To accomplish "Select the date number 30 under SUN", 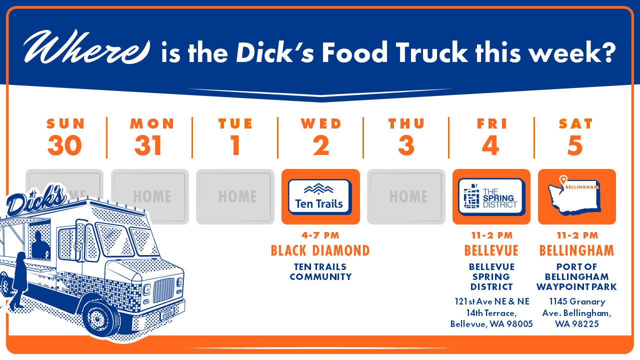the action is click(65, 145).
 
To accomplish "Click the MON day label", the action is click(152, 123).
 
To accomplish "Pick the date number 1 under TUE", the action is click(235, 145).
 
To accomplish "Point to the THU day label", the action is click(406, 123).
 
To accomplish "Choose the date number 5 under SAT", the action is click(575, 145).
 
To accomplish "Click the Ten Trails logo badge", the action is click(320, 197).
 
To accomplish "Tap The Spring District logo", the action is click(491, 197).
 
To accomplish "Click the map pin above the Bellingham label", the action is click(563, 180).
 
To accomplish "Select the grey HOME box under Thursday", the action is click(406, 196).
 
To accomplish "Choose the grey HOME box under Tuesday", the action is click(235, 196).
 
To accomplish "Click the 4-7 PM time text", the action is click(320, 235).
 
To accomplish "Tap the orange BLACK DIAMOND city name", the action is click(320, 250).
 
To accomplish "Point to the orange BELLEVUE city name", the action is click(491, 250).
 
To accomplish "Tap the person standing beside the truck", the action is click(19, 281).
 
